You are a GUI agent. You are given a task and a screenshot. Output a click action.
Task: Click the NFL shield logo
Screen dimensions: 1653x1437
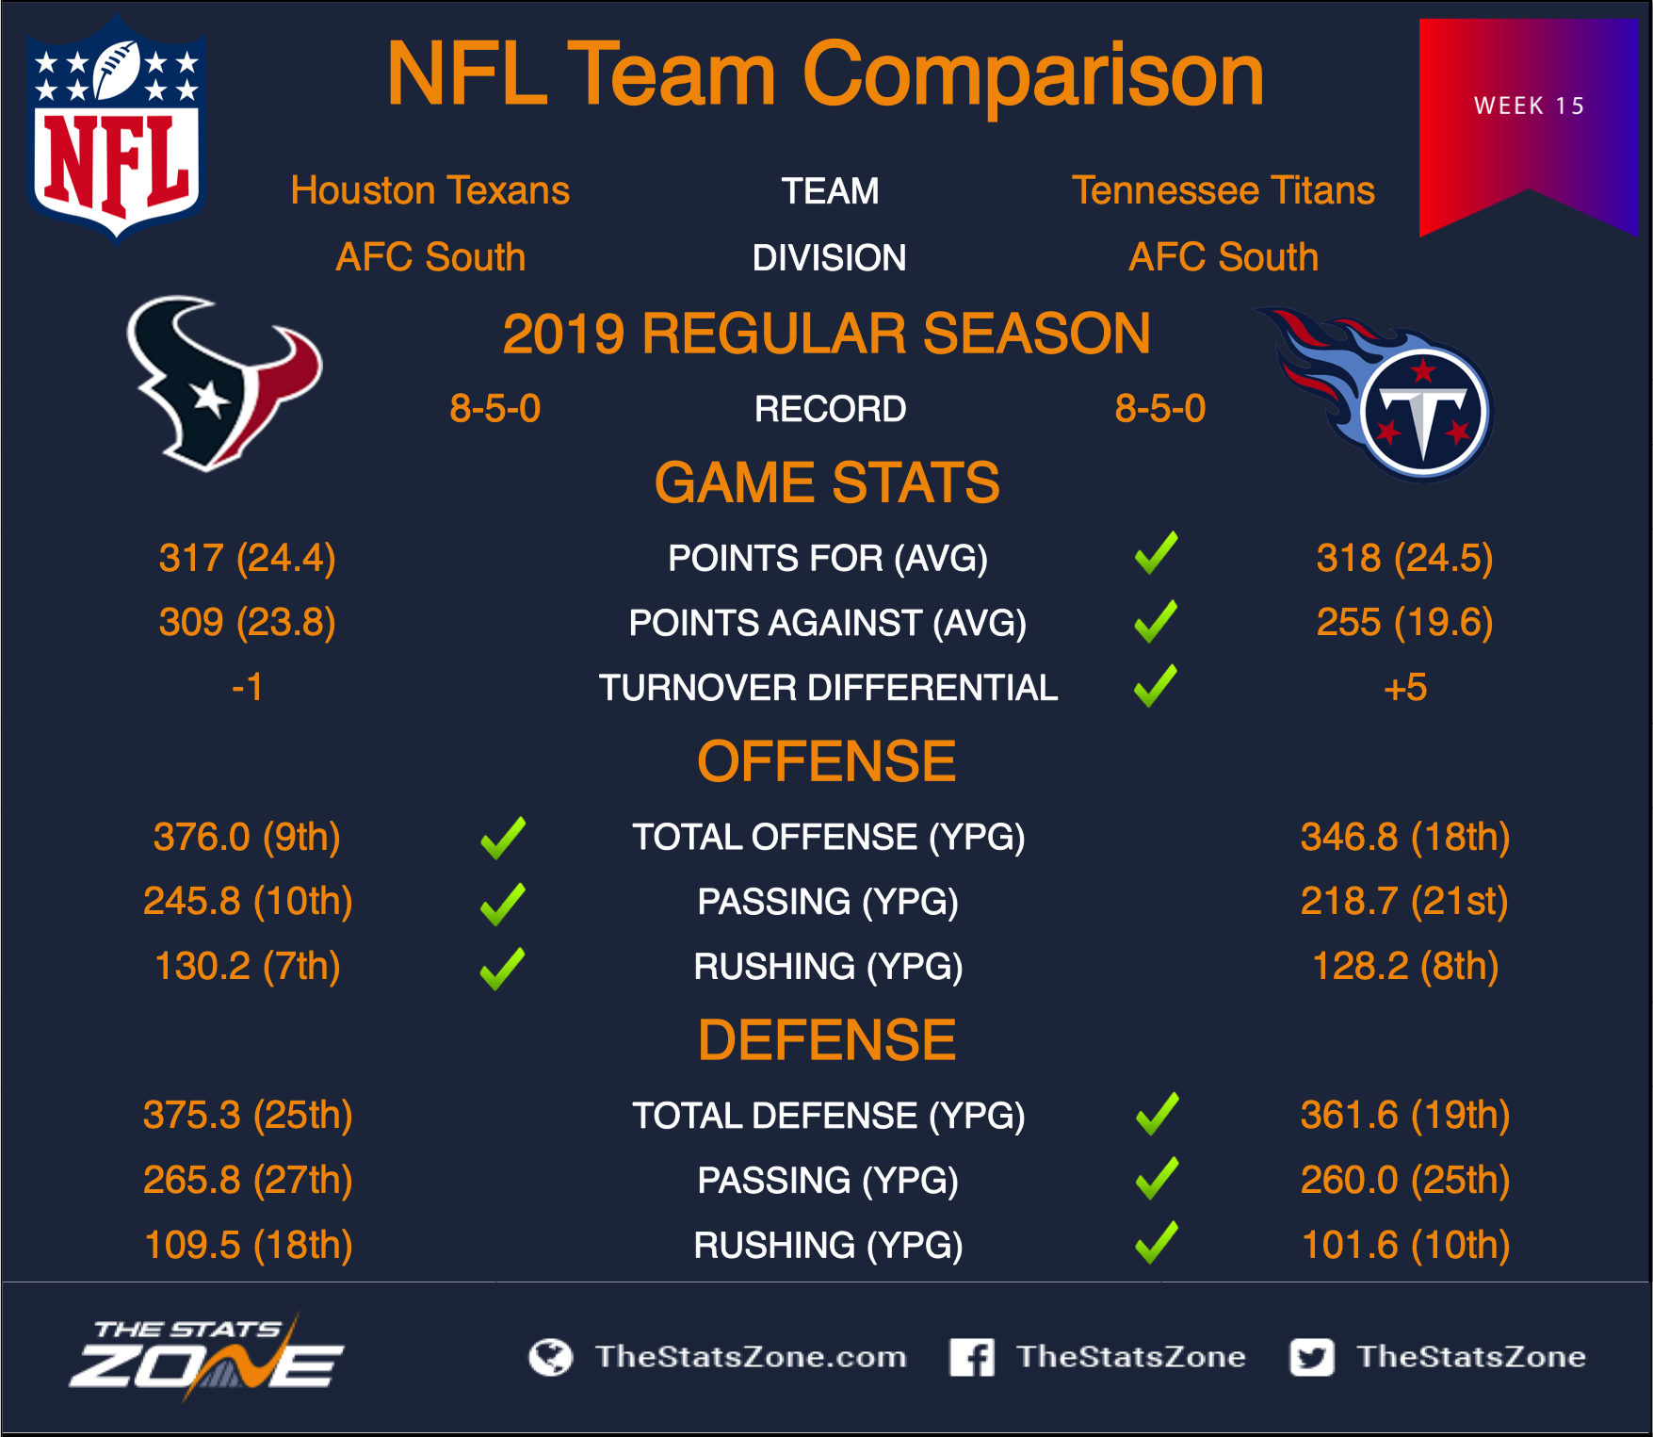pyautogui.click(x=117, y=130)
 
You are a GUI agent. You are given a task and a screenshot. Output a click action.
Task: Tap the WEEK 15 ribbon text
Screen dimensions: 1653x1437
pyautogui.click(x=1530, y=106)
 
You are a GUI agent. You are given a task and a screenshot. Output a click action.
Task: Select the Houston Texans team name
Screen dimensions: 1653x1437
pyautogui.click(x=430, y=190)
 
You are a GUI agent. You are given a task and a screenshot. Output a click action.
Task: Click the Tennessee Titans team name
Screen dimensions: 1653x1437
pyautogui.click(x=1224, y=190)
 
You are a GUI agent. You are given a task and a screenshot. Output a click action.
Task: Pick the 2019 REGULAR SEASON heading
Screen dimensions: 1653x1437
pyautogui.click(x=826, y=334)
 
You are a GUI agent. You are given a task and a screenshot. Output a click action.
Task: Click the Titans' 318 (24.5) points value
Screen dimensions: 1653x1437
pyautogui.click(x=1404, y=558)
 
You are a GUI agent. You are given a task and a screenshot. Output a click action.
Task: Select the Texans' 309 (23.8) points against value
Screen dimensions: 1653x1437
pyautogui.click(x=248, y=622)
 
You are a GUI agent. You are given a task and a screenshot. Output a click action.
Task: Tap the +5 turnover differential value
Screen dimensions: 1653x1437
pyautogui.click(x=1405, y=688)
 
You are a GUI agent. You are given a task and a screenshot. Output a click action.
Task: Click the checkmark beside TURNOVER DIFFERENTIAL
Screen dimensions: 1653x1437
pyautogui.click(x=1157, y=685)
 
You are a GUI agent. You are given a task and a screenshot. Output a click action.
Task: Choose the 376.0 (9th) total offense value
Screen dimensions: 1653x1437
pyautogui.click(x=247, y=837)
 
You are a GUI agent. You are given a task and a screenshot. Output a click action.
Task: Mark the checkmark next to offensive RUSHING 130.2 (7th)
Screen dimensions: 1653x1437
pyautogui.click(x=503, y=969)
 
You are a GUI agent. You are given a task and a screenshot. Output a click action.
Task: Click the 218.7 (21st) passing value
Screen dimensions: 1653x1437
pyautogui.click(x=1404, y=901)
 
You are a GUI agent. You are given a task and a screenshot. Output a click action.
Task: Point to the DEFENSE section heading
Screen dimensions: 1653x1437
pyautogui.click(x=827, y=1040)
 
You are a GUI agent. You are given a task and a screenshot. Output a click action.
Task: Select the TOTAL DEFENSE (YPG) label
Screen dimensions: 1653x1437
pyautogui.click(x=828, y=1116)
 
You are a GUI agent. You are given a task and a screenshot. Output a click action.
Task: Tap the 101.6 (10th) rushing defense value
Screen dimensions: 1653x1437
pyautogui.click(x=1405, y=1245)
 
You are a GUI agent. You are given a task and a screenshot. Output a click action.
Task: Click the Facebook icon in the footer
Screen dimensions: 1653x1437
pyautogui.click(x=972, y=1357)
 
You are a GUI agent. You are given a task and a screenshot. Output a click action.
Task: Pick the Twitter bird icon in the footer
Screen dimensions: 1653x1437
pyautogui.click(x=1312, y=1357)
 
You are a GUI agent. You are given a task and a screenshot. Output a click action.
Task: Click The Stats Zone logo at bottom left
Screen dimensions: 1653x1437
pyautogui.click(x=207, y=1357)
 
